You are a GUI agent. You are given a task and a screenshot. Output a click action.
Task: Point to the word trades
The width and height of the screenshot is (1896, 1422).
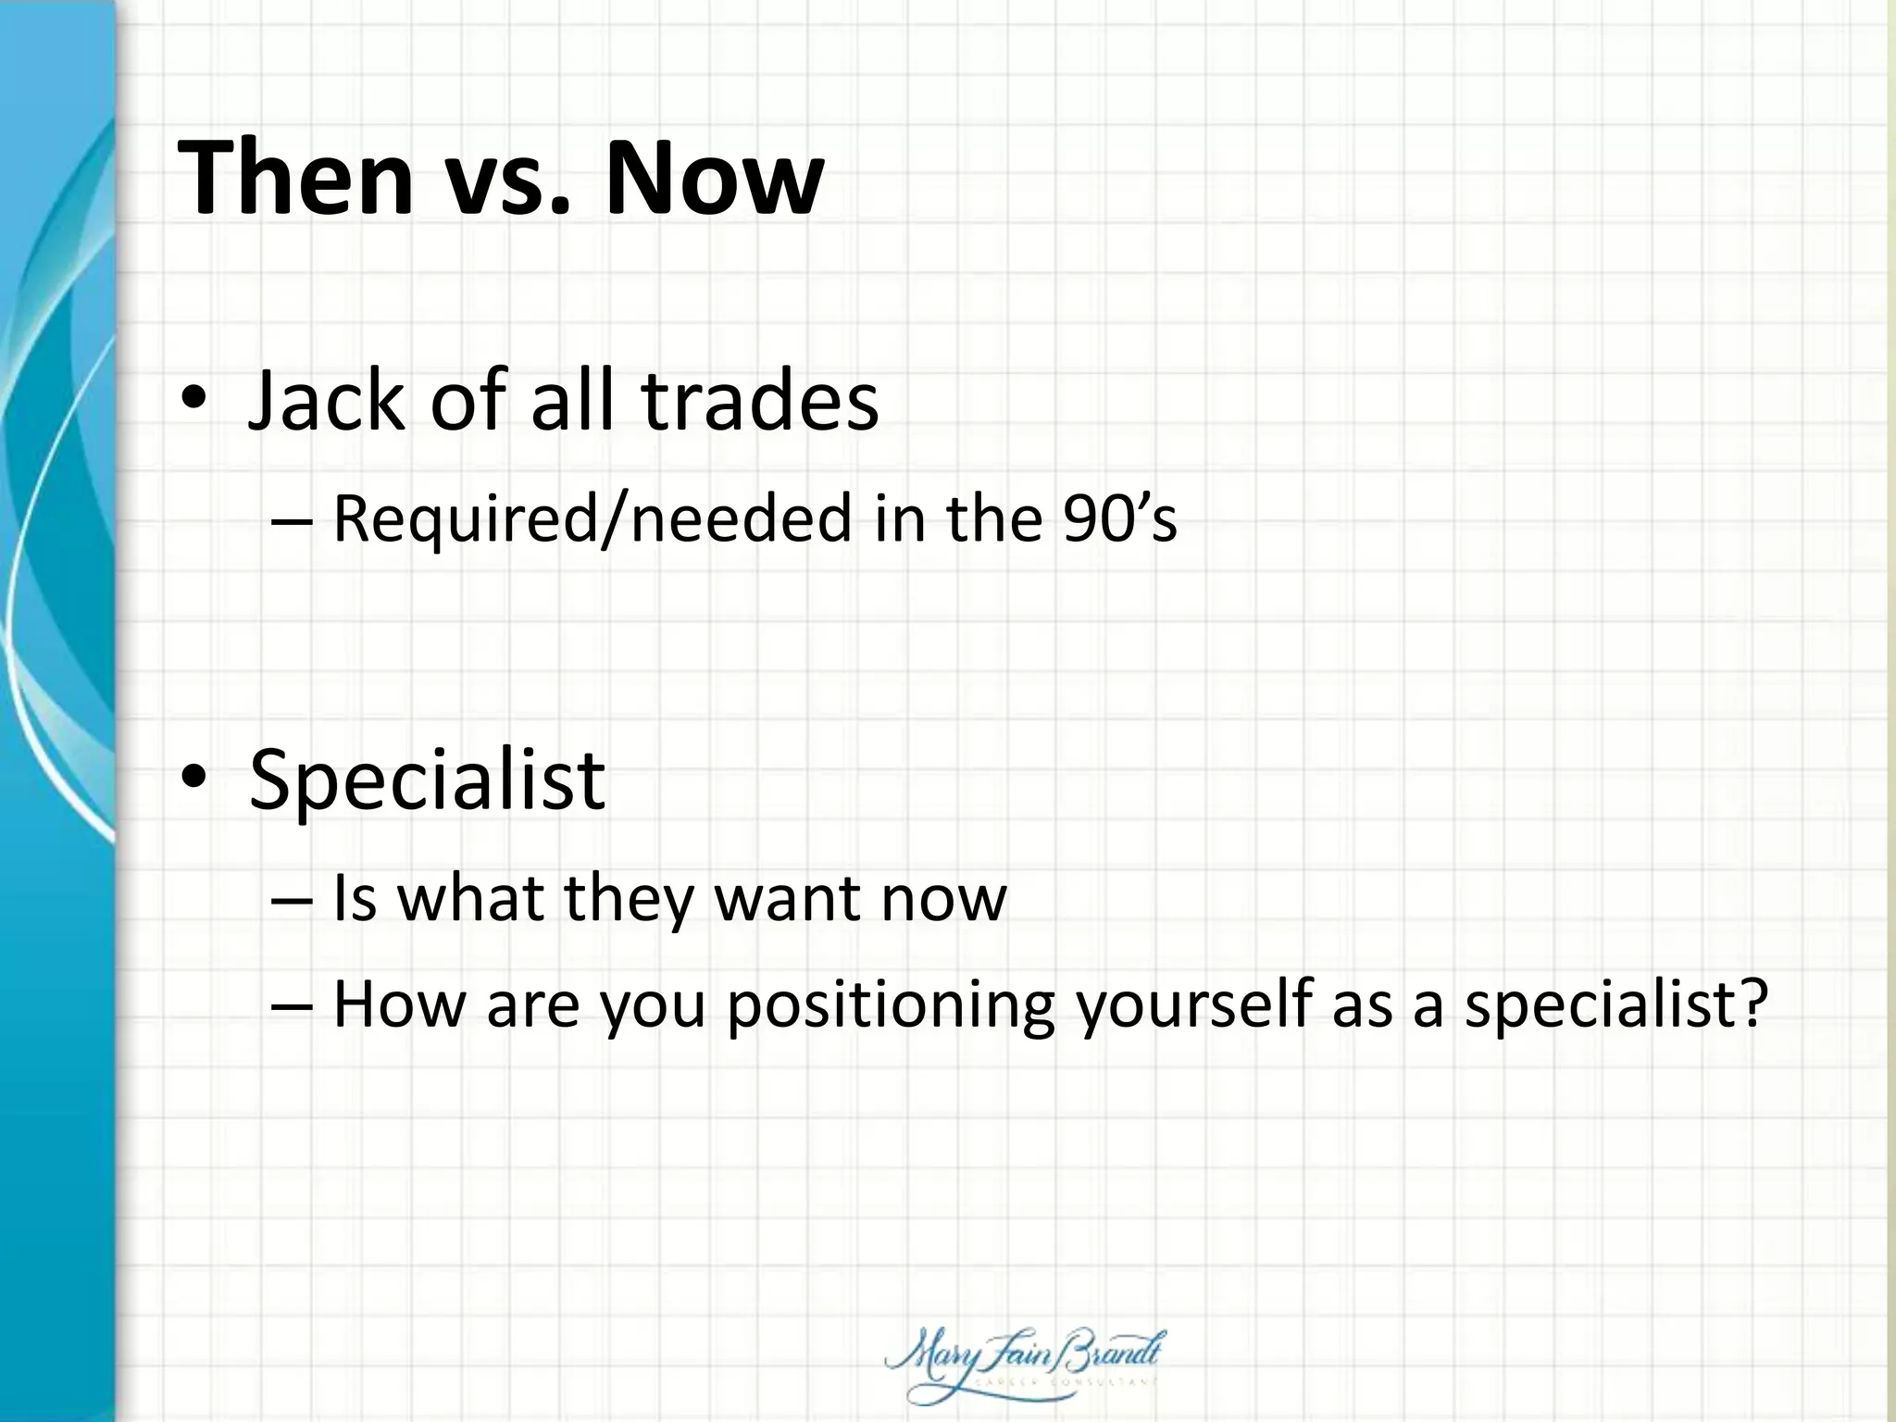pyautogui.click(x=760, y=400)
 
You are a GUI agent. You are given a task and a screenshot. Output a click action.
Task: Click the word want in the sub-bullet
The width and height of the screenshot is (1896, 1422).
pyautogui.click(x=787, y=898)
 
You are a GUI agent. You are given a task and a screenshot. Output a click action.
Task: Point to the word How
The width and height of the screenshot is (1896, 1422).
pyautogui.click(x=399, y=1004)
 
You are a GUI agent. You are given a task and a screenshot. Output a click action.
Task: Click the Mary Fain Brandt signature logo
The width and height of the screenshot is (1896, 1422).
pyautogui.click(x=1024, y=1366)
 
